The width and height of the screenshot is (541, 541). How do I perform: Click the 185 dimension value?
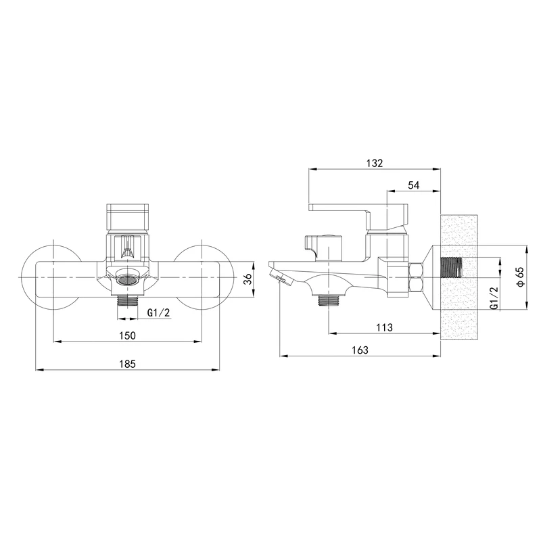point(127,364)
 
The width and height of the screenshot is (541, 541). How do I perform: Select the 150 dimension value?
point(127,335)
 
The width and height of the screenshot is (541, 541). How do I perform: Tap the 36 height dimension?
point(248,279)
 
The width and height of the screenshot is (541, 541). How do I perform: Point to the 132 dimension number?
point(375,163)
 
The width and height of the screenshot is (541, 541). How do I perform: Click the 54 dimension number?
point(413,185)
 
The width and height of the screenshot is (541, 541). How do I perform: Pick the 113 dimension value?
point(384,327)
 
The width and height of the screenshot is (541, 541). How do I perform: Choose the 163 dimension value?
point(360,350)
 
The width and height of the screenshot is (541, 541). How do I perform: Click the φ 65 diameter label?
point(520,276)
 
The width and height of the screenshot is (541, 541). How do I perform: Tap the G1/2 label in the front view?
point(159,312)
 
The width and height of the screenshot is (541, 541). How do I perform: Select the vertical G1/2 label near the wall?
point(494,298)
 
